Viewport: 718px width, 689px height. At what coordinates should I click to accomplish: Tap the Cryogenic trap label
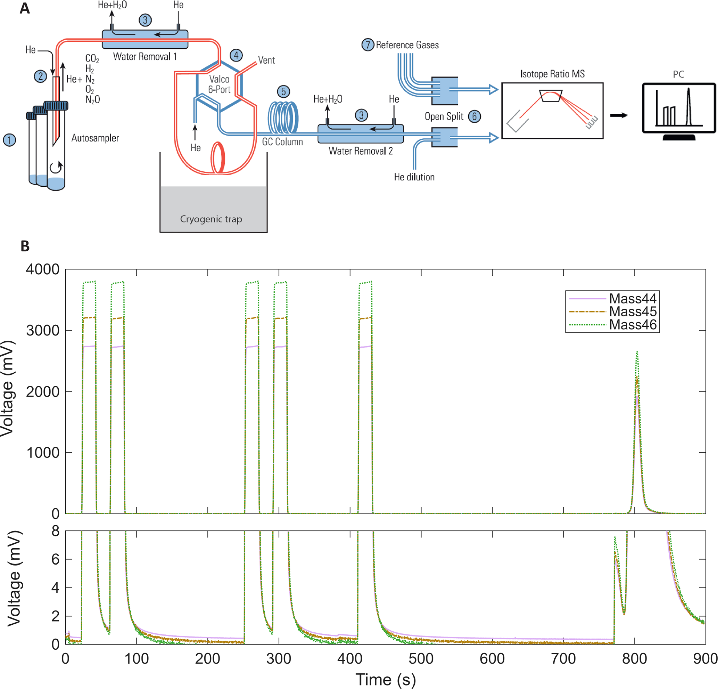[x=211, y=219]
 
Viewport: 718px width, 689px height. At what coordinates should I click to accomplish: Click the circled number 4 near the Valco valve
[x=236, y=55]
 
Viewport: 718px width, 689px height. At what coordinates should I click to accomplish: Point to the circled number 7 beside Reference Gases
[x=368, y=45]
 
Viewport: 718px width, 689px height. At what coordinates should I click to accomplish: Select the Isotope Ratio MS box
[x=552, y=111]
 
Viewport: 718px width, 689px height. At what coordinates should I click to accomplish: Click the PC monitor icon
[x=679, y=108]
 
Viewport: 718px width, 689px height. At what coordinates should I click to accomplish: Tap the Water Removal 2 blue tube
[x=361, y=134]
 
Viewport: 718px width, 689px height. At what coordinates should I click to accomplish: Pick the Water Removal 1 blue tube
[x=145, y=39]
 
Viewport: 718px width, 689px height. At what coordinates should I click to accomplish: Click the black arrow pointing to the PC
[x=619, y=115]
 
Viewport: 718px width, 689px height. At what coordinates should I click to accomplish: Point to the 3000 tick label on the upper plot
[x=43, y=331]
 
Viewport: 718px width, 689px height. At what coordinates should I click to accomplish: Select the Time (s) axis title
[x=385, y=679]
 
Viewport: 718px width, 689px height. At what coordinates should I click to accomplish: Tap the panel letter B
[x=25, y=246]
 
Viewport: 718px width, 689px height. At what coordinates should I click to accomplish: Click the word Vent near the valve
[x=266, y=60]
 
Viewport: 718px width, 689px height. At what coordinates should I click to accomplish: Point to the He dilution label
[x=414, y=177]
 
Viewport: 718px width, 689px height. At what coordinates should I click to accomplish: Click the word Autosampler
[x=95, y=138]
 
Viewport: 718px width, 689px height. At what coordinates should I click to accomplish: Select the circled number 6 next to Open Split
[x=474, y=116]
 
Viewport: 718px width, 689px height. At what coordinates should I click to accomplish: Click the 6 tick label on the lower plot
[x=55, y=559]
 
